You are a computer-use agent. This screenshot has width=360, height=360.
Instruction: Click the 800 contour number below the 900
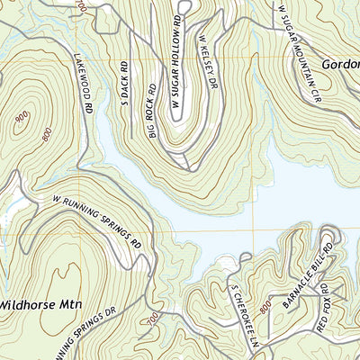(x=44, y=134)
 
